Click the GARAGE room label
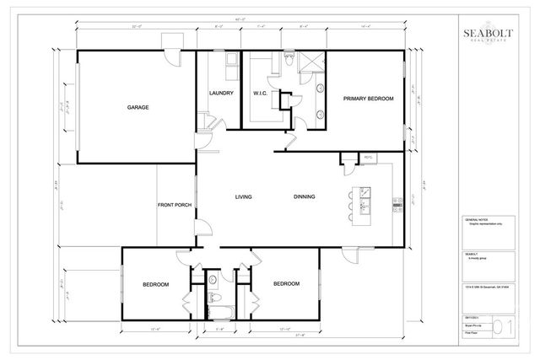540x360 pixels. pyautogui.click(x=138, y=108)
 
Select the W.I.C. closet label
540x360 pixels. pyautogui.click(x=260, y=94)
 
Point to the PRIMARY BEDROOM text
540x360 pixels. pyautogui.click(x=369, y=99)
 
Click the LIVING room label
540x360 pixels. pyautogui.click(x=244, y=197)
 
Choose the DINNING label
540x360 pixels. pyautogui.click(x=305, y=197)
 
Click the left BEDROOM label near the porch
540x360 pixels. pyautogui.click(x=156, y=284)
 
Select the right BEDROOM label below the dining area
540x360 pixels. pyautogui.click(x=286, y=284)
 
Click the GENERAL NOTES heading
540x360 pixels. pyautogui.click(x=478, y=219)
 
